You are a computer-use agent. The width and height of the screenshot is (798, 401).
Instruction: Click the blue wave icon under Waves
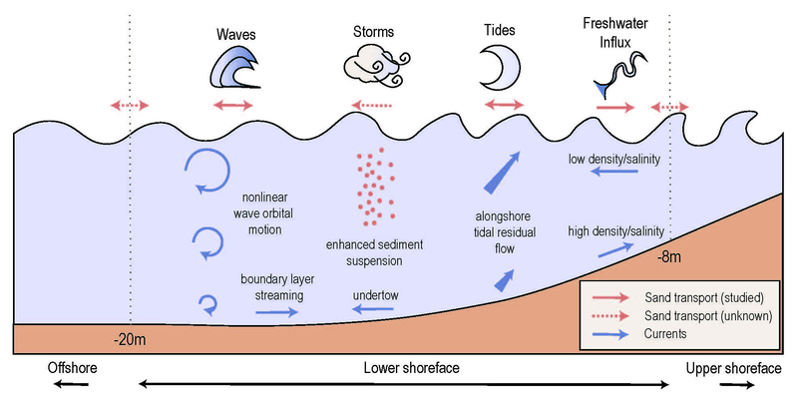pos(236,69)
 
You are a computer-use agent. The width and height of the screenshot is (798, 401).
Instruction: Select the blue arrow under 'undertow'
pos(374,311)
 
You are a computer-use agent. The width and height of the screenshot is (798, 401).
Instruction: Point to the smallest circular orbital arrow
pos(209,302)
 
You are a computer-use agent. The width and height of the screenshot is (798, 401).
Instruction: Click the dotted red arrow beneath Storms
pos(373,105)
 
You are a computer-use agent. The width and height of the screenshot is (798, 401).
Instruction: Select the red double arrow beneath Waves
pos(235,105)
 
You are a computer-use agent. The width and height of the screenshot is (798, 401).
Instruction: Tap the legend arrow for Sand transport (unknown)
pos(612,315)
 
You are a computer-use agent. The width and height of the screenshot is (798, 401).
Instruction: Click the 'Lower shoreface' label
pos(407,369)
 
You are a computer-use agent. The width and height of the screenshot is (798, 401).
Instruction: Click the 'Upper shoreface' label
pos(733,369)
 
